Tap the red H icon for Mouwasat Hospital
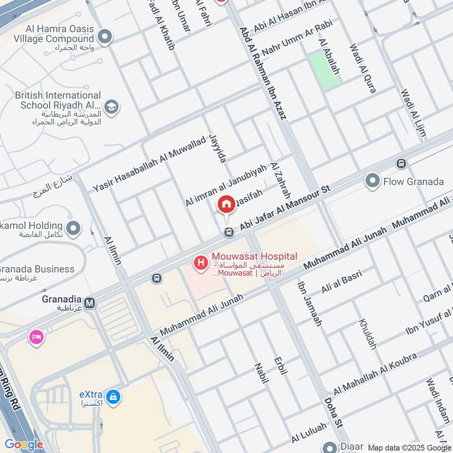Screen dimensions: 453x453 200,263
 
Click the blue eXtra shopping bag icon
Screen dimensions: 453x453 114,396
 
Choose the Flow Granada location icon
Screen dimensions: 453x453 372,181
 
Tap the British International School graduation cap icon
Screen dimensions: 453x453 112,106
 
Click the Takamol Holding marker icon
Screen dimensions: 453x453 73,229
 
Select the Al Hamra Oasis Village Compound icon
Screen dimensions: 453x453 104,37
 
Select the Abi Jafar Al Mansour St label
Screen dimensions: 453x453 285,210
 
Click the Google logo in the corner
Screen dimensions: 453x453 24,445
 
